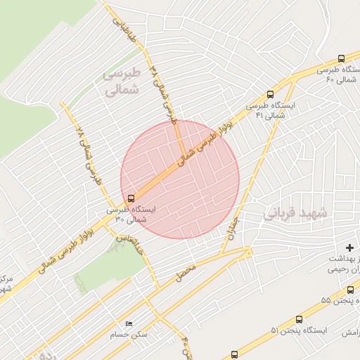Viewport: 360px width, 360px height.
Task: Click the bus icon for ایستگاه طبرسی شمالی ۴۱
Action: click(x=271, y=94)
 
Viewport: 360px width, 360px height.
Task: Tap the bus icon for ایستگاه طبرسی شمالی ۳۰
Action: click(x=130, y=198)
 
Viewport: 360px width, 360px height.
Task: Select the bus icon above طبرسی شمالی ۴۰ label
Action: click(x=341, y=58)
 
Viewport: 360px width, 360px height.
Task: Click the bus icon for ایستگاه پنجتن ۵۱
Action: click(x=299, y=319)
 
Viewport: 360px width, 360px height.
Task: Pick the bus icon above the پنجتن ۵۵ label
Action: click(x=349, y=290)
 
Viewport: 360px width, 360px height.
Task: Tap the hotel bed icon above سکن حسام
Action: click(x=128, y=323)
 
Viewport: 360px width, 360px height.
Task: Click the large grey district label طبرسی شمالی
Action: click(x=122, y=82)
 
